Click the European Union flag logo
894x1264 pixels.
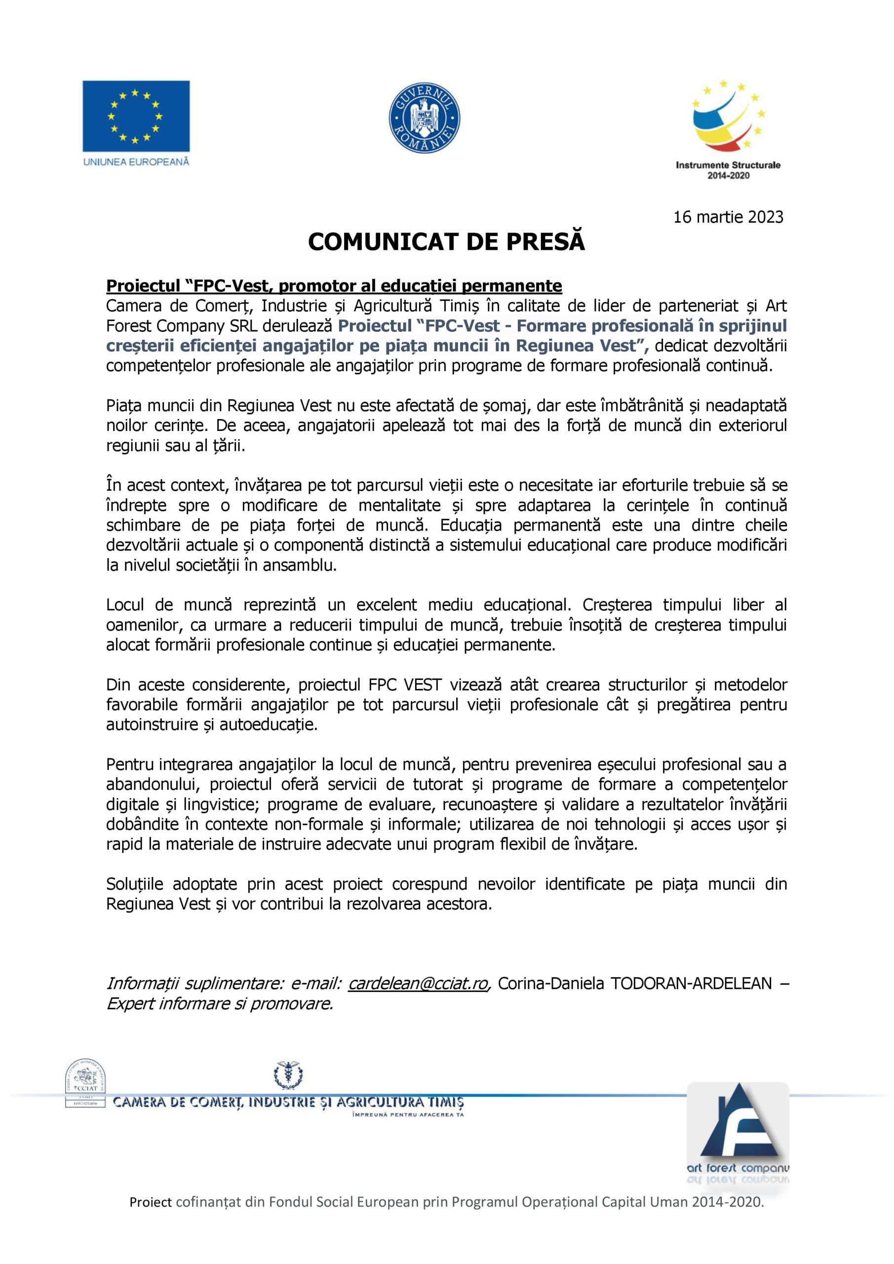136,116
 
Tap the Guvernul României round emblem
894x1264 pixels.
424,119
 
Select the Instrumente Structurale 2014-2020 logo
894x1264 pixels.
728,129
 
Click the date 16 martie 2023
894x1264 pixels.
728,217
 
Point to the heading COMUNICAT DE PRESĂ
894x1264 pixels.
446,241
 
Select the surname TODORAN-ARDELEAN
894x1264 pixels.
691,983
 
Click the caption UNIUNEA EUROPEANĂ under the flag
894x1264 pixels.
136,162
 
